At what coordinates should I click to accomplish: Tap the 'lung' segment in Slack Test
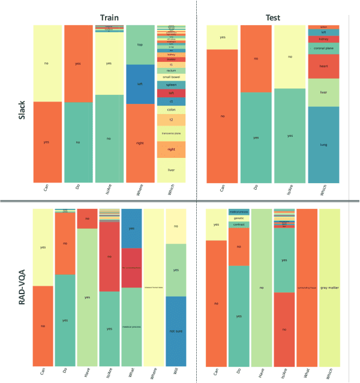[324, 145]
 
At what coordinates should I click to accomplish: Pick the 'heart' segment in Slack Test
[324, 67]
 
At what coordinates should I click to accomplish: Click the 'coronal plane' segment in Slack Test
[324, 48]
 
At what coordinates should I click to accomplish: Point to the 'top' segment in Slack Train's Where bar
[140, 45]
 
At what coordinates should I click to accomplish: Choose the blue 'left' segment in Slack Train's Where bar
[140, 84]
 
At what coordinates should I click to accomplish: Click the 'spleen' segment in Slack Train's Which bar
[171, 85]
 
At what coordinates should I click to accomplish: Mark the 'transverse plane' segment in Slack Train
[171, 133]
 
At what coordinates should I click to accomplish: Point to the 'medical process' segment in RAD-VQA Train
[131, 327]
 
